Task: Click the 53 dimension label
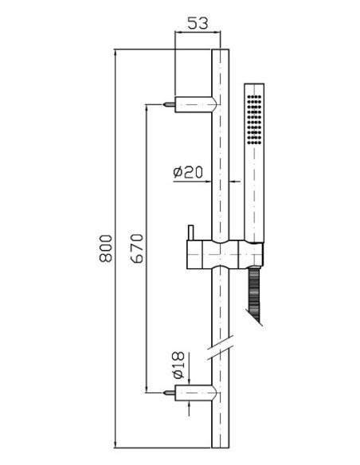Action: pos(198,23)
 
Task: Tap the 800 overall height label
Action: pos(106,248)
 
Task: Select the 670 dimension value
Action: pos(137,248)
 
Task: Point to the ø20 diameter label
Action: pos(188,172)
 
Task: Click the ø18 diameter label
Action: pos(178,365)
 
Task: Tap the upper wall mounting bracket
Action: pos(196,104)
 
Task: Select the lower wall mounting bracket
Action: pos(196,393)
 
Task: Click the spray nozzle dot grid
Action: pos(254,119)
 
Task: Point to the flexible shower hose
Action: pos(254,295)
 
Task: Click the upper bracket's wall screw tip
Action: pos(163,104)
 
